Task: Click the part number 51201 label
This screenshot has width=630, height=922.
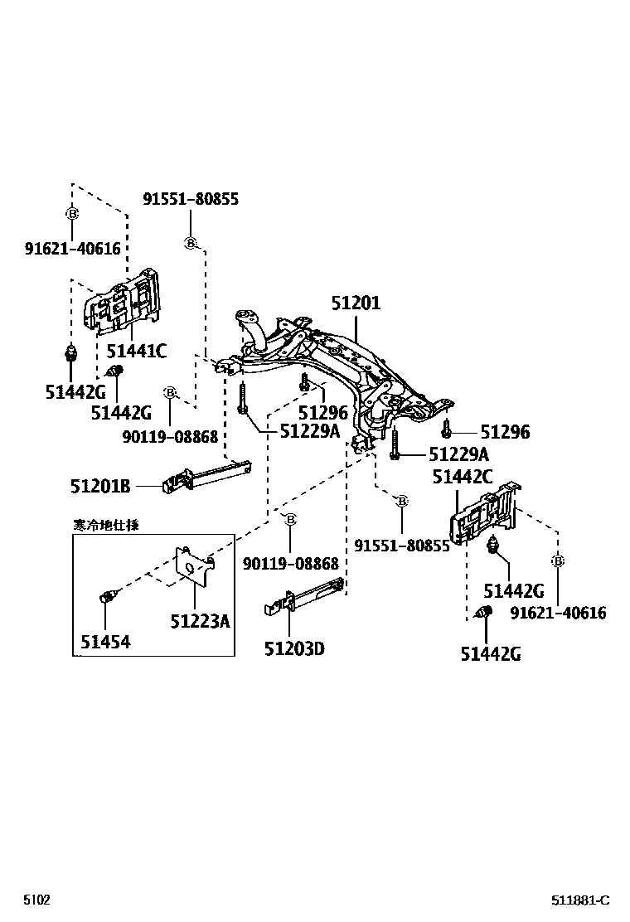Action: point(356,303)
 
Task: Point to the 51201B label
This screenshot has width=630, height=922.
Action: point(99,486)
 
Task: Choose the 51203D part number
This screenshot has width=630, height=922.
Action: point(294,648)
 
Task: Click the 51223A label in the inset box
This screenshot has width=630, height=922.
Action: point(200,620)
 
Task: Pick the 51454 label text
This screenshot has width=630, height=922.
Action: point(105,641)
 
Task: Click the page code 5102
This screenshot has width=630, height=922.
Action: point(36,900)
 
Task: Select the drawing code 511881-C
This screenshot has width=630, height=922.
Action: point(581,900)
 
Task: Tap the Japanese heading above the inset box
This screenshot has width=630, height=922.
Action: point(105,524)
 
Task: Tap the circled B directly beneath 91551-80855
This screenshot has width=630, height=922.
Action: point(190,242)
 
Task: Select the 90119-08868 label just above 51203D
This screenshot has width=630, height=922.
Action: point(291,564)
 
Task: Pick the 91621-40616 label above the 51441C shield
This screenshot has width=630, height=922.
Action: point(72,249)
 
